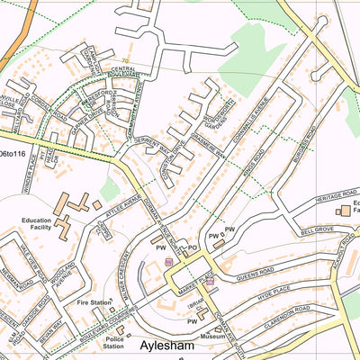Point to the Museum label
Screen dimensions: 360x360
213,335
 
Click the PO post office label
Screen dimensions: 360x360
191,247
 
